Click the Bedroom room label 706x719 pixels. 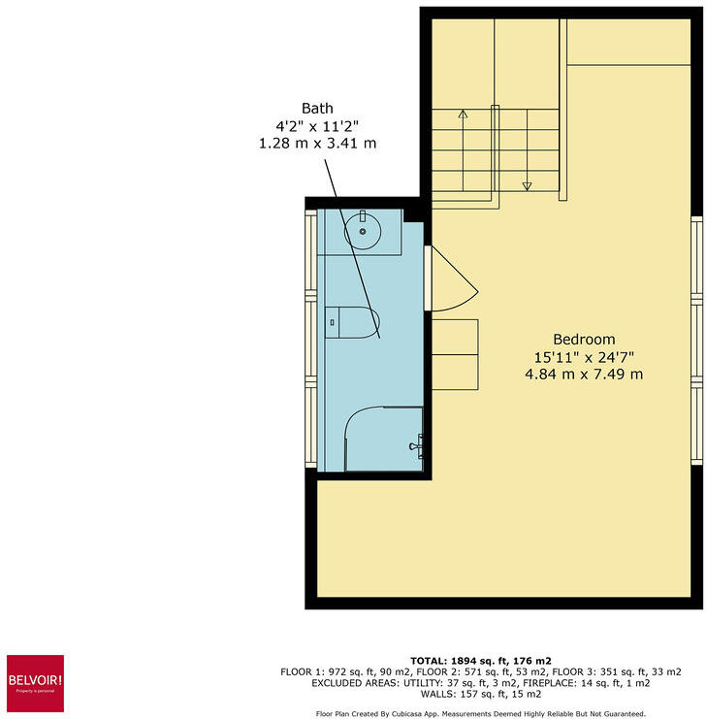pos(584,340)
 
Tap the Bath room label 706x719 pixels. pos(317,108)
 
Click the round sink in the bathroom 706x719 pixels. pos(364,230)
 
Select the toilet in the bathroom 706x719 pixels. pos(355,321)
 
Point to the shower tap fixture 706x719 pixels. pos(416,446)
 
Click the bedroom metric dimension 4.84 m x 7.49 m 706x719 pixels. pos(584,374)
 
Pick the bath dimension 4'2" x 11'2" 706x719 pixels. pos(317,125)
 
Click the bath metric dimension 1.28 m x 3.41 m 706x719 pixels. pos(317,143)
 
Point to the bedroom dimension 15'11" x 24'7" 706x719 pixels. pos(584,356)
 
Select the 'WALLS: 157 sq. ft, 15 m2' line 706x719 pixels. pos(481,694)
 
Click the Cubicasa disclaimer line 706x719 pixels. pos(481,713)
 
